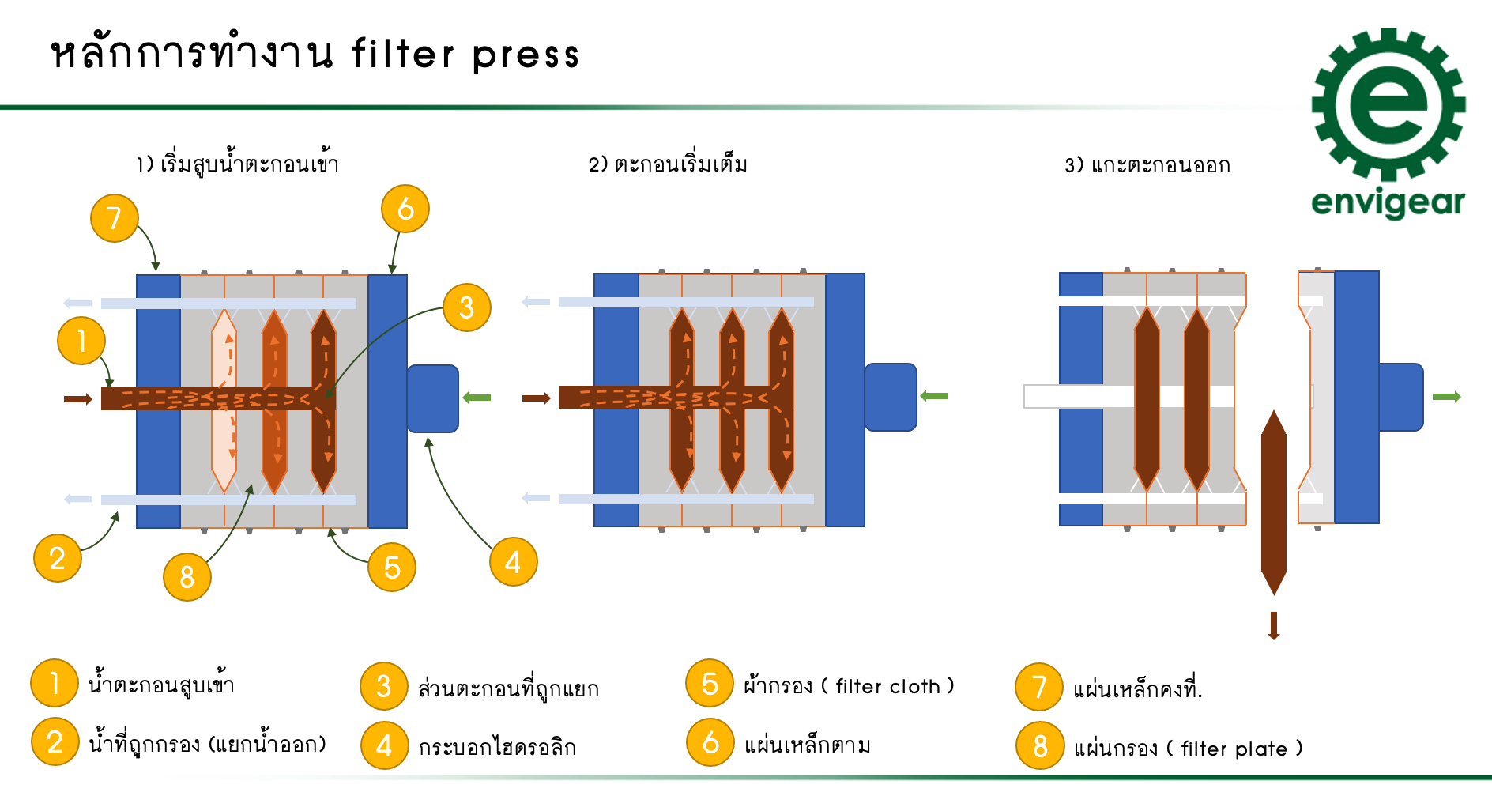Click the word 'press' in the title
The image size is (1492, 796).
coord(526,55)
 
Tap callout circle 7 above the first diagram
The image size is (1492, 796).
coord(115,218)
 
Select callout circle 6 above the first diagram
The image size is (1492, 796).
coord(405,209)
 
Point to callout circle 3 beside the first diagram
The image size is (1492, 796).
coord(466,307)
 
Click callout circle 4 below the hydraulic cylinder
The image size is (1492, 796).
coord(513,562)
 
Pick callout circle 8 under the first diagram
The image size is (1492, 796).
coord(186,577)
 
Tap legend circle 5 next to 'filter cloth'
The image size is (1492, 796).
coord(710,684)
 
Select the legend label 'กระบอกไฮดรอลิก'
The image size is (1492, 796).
coord(497,747)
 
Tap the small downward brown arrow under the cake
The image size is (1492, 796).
coord(1273,625)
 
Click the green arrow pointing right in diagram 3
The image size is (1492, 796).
coord(1446,397)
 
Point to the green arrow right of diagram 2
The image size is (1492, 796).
coord(934,396)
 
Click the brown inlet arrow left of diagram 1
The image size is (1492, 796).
coord(77,399)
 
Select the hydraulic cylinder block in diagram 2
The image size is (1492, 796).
coord(891,397)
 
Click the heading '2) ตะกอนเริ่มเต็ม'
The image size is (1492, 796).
coord(668,164)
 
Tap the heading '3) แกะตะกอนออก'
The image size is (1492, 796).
coord(1147,165)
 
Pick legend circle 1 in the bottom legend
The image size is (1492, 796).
coord(54,683)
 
